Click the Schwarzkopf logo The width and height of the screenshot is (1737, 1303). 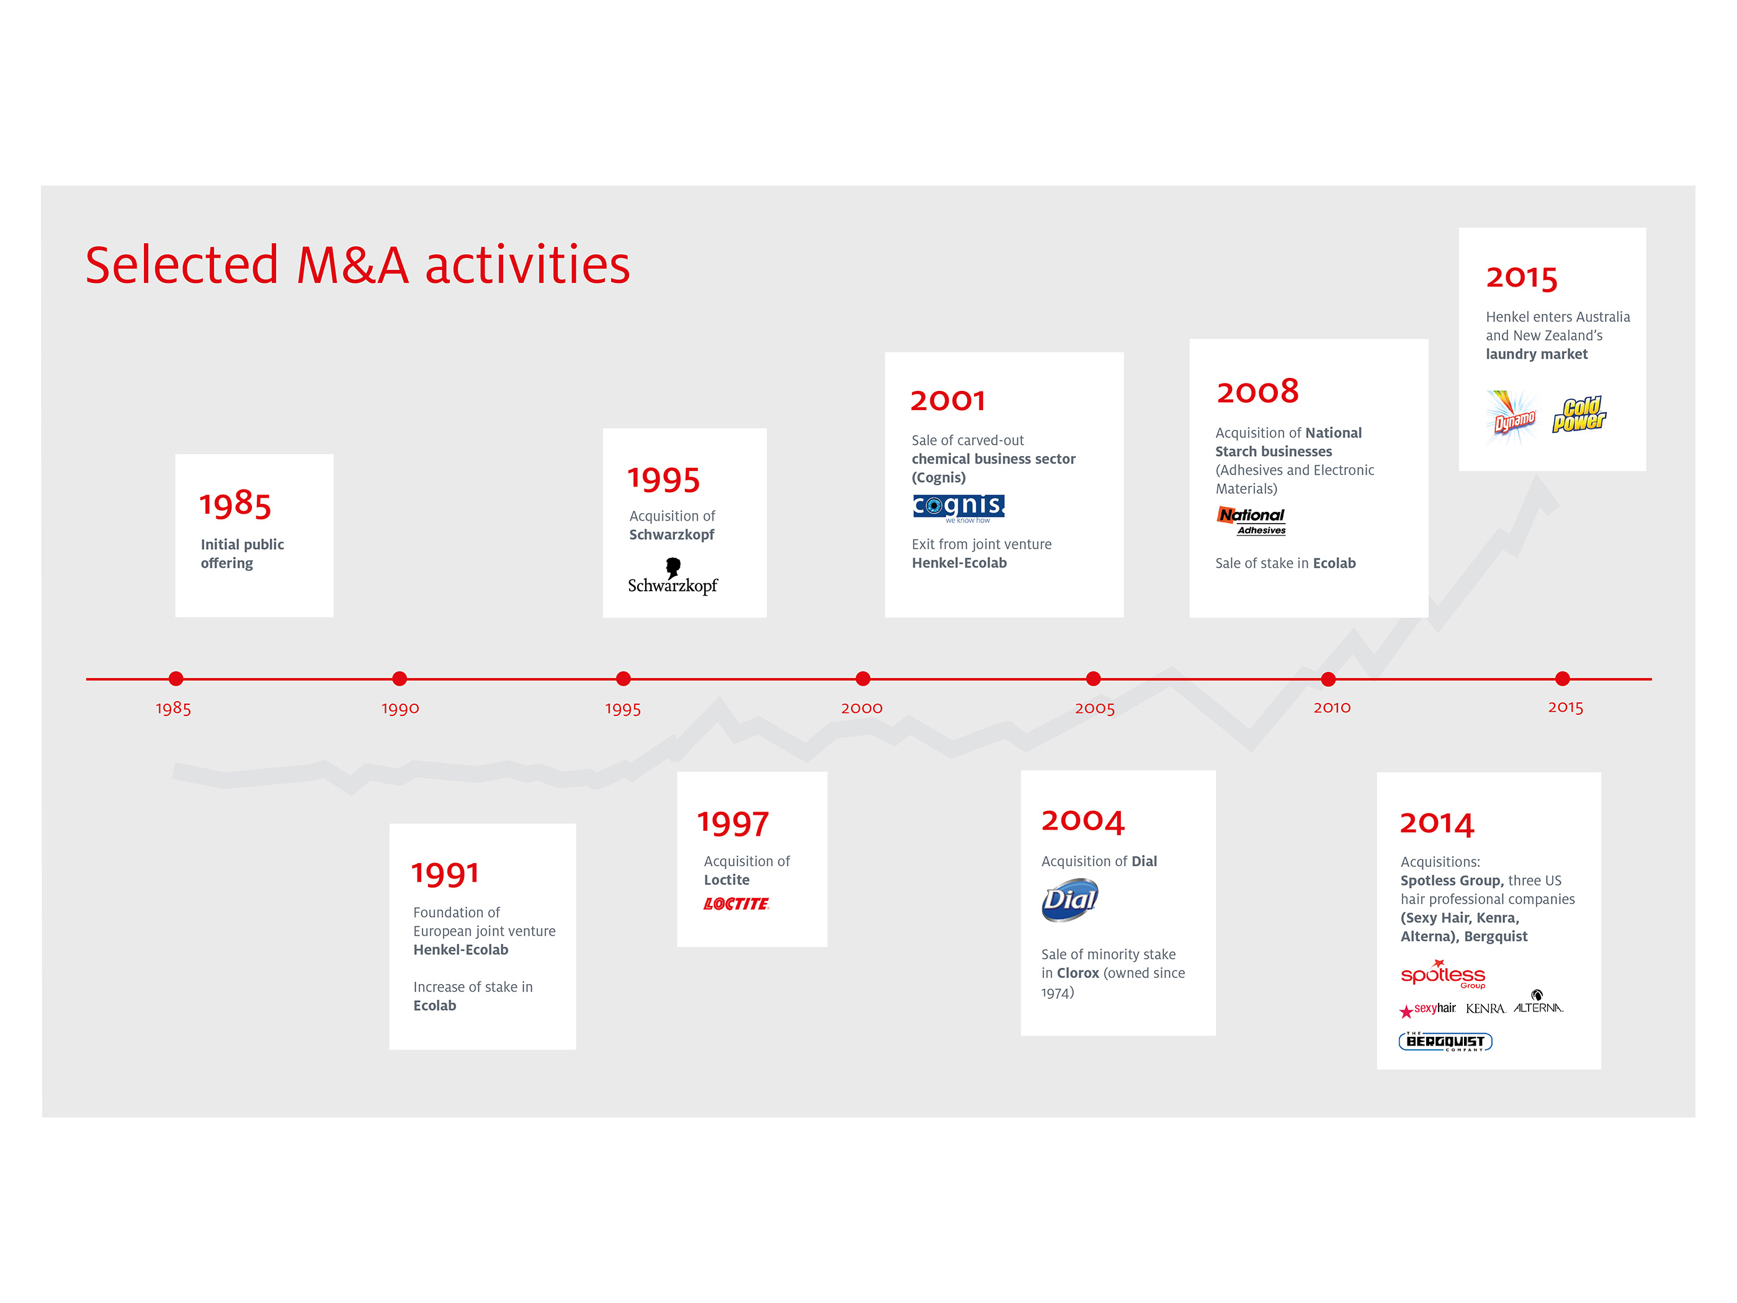click(672, 576)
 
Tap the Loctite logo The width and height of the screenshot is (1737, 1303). click(736, 904)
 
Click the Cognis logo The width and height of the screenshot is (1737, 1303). click(958, 508)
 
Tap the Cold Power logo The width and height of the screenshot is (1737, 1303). click(1579, 414)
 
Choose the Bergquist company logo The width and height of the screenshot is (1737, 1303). click(1445, 1041)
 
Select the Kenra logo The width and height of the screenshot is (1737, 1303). click(1485, 1008)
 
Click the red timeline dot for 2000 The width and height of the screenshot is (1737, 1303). click(862, 679)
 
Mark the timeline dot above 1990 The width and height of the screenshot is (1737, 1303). click(399, 679)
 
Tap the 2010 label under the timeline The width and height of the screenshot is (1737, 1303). click(1332, 708)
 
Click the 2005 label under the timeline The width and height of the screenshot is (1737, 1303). click(1095, 709)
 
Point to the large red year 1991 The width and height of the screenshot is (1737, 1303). click(445, 874)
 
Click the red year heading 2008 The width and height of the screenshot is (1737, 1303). click(1257, 391)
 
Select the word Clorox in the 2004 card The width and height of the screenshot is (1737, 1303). click(1078, 973)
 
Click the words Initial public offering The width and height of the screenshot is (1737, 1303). click(242, 553)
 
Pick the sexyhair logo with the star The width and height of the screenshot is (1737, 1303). click(1427, 1010)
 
